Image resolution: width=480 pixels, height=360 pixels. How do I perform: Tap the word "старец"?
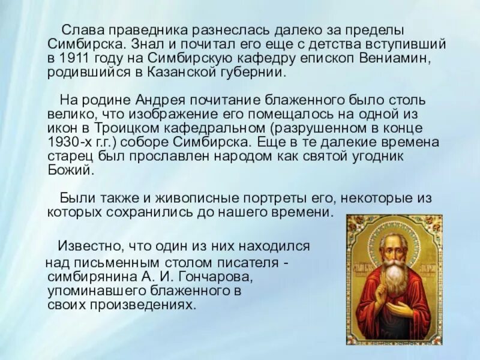click(66, 157)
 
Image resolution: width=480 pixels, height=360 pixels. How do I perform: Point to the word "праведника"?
click(151, 30)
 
